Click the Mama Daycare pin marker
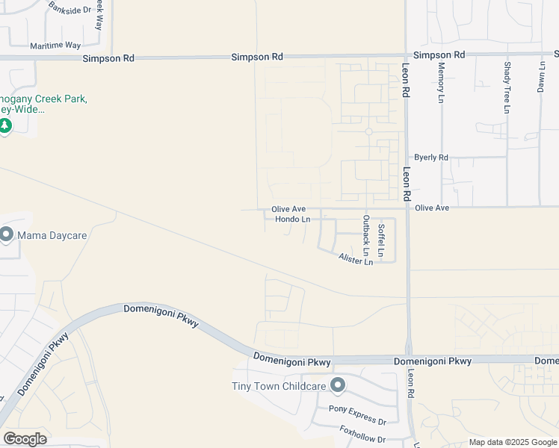7,234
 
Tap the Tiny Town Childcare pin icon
338,385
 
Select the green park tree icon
5,125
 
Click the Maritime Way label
55,46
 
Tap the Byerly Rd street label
431,158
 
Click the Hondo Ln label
292,220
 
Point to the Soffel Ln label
381,240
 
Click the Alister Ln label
356,259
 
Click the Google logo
25,439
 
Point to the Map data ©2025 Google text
512,442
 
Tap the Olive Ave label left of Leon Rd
288,209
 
